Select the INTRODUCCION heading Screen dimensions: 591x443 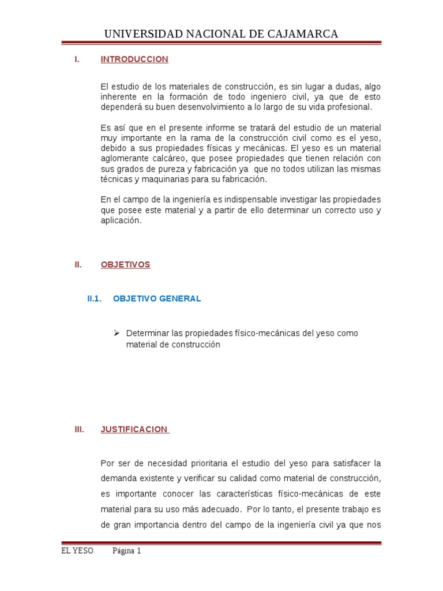point(134,59)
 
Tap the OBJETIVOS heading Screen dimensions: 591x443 point(125,264)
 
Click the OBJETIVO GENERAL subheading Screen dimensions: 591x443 point(157,298)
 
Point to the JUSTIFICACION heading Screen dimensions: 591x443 point(134,429)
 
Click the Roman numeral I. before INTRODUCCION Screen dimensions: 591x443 point(77,59)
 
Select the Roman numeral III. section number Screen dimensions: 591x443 point(80,429)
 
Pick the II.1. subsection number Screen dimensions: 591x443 point(94,298)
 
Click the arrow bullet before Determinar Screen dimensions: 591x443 point(116,333)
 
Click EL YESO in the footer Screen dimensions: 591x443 point(77,551)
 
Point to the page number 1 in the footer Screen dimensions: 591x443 point(138,551)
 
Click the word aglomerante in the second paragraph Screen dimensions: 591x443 point(125,158)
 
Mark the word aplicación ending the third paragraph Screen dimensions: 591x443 point(121,220)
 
